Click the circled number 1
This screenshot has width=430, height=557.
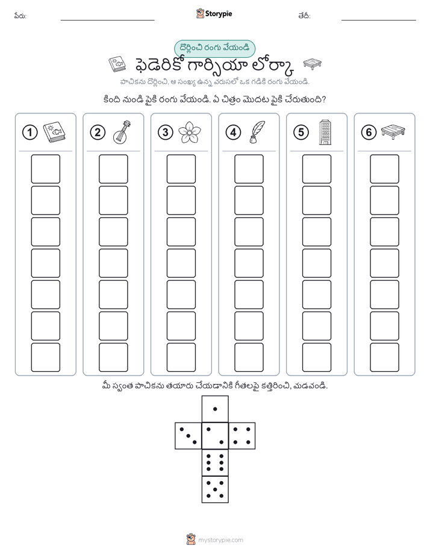pyautogui.click(x=30, y=133)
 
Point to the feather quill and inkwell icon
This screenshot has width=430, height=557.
pyautogui.click(x=257, y=133)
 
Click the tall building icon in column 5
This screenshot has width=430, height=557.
pyautogui.click(x=325, y=132)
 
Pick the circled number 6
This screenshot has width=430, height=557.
pyautogui.click(x=369, y=133)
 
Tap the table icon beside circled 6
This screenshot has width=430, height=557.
pyautogui.click(x=393, y=131)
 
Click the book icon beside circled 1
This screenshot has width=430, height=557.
pyautogui.click(x=54, y=133)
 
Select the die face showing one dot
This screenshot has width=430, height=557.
pyautogui.click(x=215, y=409)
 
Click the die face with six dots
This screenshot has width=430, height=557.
pyautogui.click(x=215, y=462)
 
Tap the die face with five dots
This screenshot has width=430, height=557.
pyautogui.click(x=215, y=489)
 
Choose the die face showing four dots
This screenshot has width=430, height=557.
pyautogui.click(x=242, y=435)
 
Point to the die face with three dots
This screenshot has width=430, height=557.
pyautogui.click(x=188, y=435)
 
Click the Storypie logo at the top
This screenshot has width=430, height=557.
pyautogui.click(x=214, y=14)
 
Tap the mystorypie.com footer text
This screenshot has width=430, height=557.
pyautogui.click(x=220, y=540)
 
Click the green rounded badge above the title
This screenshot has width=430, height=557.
pyautogui.click(x=214, y=49)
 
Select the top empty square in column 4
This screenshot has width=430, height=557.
pyautogui.click(x=249, y=169)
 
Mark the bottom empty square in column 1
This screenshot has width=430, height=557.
pyautogui.click(x=46, y=357)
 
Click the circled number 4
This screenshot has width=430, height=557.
pyautogui.click(x=233, y=133)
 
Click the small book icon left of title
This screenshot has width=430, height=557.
pyautogui.click(x=117, y=65)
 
